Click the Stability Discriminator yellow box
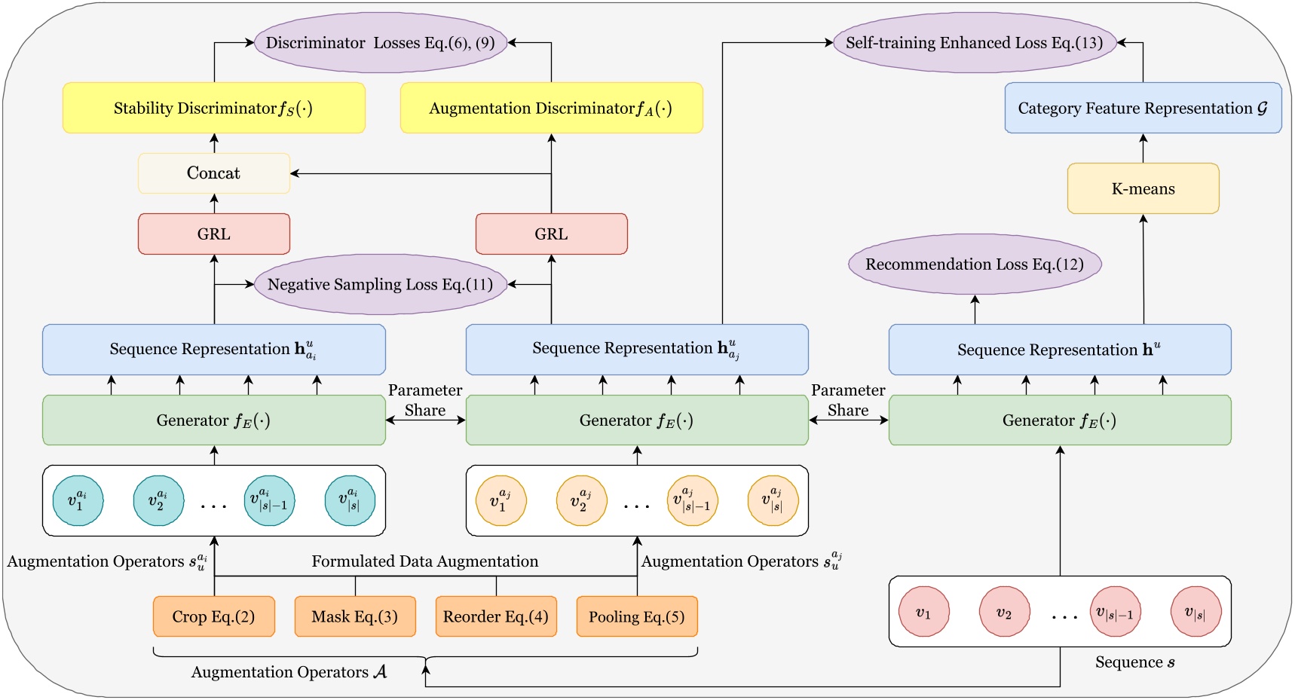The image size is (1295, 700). click(x=213, y=109)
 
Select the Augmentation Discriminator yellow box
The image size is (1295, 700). click(x=551, y=109)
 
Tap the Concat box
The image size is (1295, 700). click(x=213, y=173)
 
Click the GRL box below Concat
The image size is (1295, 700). click(x=213, y=234)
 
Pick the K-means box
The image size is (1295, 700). click(x=1143, y=188)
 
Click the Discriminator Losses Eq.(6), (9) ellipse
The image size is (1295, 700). click(x=380, y=43)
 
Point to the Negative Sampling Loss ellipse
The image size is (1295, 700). click(x=380, y=284)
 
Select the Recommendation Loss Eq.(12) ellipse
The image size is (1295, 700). click(x=975, y=264)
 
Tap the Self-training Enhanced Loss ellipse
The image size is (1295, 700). click(x=975, y=43)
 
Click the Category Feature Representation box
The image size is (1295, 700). click(x=1143, y=109)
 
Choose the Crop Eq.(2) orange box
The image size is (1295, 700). click(x=213, y=616)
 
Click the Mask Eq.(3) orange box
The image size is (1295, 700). click(x=354, y=616)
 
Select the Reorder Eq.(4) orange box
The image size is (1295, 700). click(x=496, y=616)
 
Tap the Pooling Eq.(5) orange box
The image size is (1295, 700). click(x=637, y=616)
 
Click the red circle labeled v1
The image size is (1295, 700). click(x=923, y=612)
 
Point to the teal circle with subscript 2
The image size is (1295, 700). click(x=158, y=500)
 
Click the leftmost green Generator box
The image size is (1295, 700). click(x=213, y=420)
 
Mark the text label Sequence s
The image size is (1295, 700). click(x=1134, y=662)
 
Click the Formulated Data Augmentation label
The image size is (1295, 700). click(x=425, y=561)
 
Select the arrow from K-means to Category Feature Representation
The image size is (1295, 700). click(x=1143, y=148)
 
